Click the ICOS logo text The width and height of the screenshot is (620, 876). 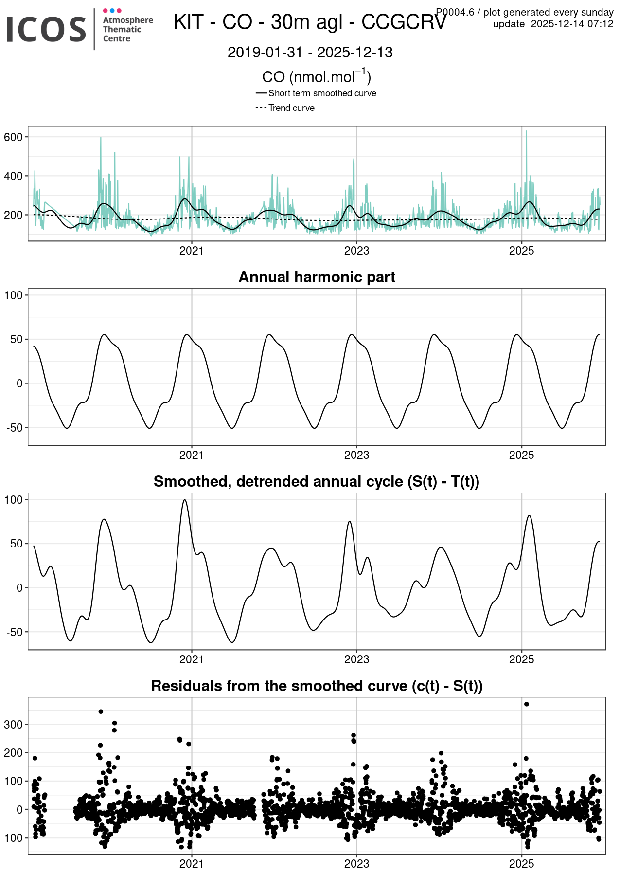point(46,29)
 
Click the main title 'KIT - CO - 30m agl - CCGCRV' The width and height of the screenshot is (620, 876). point(310,22)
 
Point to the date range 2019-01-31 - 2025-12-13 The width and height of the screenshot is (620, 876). point(310,53)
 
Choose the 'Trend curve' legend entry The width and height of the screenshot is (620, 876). point(291,108)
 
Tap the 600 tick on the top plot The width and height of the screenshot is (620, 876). point(14,137)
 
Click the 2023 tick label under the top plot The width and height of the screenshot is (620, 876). point(356,251)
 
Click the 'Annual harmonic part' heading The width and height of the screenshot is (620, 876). point(317,277)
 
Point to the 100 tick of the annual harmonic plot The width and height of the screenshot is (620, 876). point(14,295)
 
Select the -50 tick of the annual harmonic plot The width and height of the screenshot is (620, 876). point(14,428)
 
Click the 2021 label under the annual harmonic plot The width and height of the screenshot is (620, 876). point(192,456)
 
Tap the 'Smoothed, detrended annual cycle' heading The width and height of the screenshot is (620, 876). point(317,481)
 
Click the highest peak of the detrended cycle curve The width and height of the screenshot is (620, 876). point(184,500)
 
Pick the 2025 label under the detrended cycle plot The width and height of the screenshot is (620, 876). point(521,660)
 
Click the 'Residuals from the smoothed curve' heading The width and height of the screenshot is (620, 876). point(317,686)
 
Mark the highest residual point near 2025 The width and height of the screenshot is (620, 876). point(526,704)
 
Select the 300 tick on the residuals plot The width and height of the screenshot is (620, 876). point(14,725)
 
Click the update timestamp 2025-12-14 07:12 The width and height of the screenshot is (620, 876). point(572,24)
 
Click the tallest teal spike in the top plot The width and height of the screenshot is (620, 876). point(526,131)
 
